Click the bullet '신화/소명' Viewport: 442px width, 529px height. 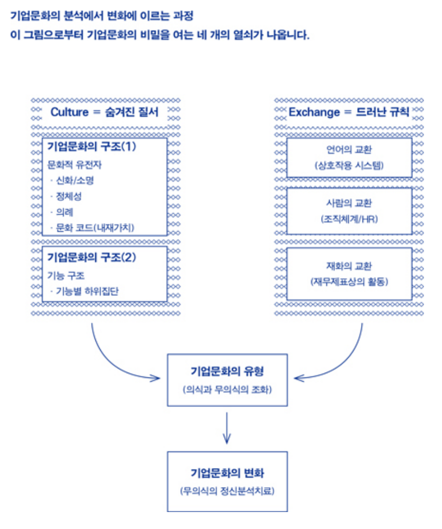(x=75, y=180)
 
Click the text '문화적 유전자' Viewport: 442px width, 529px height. (x=75, y=164)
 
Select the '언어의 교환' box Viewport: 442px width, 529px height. (x=349, y=157)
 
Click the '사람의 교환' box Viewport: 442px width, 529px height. (x=349, y=210)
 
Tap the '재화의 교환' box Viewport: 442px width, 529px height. (x=349, y=273)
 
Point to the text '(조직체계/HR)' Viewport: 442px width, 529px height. (x=349, y=218)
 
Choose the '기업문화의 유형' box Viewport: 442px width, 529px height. (x=227, y=380)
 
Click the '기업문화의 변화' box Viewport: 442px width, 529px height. (x=227, y=481)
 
